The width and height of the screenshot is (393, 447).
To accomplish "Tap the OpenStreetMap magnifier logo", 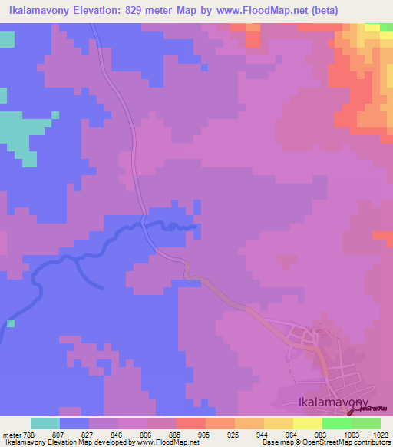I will [356, 409].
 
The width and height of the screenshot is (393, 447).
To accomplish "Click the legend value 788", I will [30, 435].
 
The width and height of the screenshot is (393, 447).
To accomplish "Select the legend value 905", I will [204, 435].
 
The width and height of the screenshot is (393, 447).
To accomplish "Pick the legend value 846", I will [117, 435].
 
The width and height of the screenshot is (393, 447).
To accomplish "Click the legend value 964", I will [292, 435].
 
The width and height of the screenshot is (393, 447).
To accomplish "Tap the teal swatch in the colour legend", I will [45, 423].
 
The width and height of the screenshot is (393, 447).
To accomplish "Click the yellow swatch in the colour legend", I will [307, 423].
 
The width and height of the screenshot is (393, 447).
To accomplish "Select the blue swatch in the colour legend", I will [74, 423].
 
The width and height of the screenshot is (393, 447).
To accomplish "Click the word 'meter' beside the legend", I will [11, 435].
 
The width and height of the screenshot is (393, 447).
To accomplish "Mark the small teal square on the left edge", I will [11, 323].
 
